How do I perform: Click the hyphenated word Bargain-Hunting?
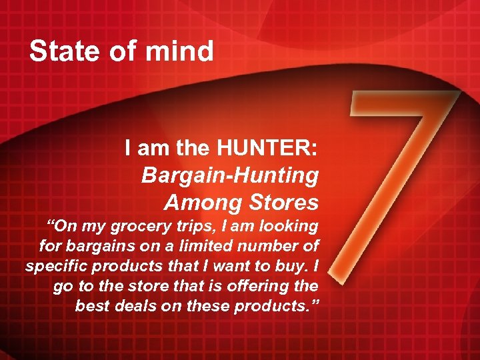click(230, 176)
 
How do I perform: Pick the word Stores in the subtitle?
click(279, 201)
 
